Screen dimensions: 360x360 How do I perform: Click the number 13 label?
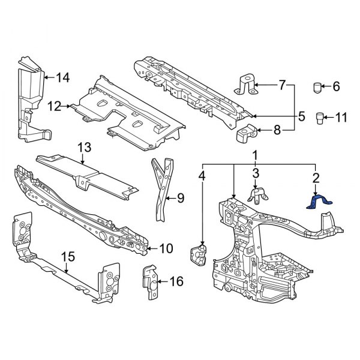(83, 147)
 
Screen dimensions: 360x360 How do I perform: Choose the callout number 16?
(177, 280)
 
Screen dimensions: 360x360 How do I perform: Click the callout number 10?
(166, 247)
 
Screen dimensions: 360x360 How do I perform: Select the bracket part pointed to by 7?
(246, 84)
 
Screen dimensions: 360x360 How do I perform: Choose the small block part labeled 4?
(199, 253)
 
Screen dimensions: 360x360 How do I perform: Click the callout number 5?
(302, 115)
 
